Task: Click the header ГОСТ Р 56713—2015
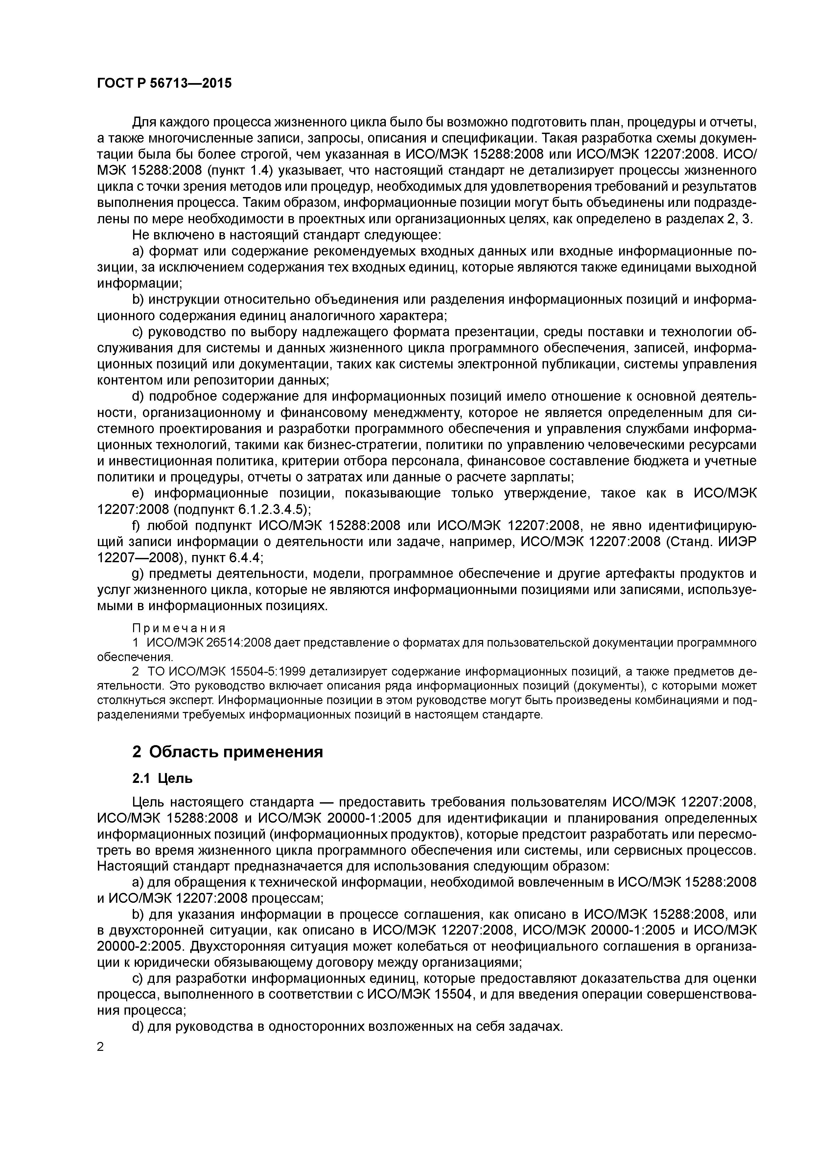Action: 164,83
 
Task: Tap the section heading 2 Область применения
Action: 227,752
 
